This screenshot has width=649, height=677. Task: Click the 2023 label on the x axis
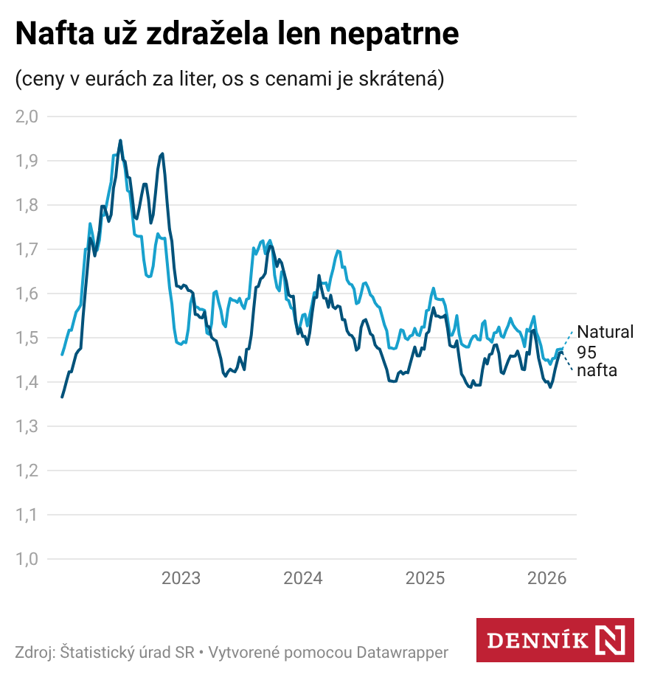coord(181,578)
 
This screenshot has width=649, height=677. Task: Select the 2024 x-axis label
coord(303,578)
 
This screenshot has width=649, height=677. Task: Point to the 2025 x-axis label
coord(426,578)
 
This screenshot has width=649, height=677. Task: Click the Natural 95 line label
coord(605,341)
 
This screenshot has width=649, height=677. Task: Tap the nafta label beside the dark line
coord(597,370)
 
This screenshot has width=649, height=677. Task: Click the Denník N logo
coord(555,639)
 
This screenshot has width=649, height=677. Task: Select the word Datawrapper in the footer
coord(403,653)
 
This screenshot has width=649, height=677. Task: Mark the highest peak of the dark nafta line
coord(120,140)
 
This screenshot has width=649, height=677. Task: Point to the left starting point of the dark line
coord(62,397)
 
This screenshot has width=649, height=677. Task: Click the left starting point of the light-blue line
coord(62,354)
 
